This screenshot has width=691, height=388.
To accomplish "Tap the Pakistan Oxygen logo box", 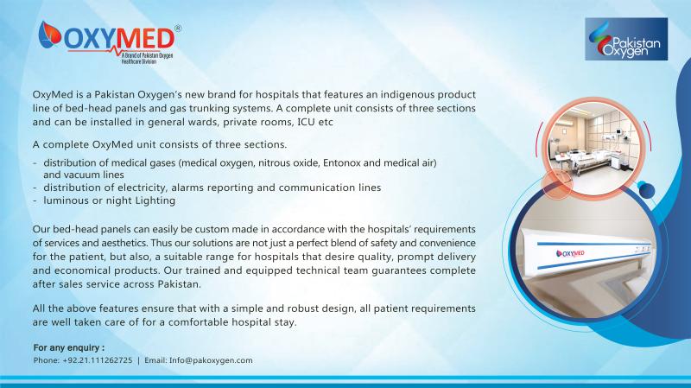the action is click(x=625, y=39).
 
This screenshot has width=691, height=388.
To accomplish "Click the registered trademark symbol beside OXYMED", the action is click(x=178, y=29).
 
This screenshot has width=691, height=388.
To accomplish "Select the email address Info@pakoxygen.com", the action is click(x=211, y=360).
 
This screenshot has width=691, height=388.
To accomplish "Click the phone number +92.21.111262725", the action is click(x=98, y=360).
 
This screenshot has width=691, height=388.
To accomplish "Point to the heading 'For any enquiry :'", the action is click(x=69, y=347).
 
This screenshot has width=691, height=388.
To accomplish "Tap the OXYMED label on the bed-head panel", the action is click(x=570, y=253).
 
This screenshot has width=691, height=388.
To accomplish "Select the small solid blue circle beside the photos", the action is click(x=646, y=190).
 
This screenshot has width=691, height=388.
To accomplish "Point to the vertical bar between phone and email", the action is click(x=138, y=360).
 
